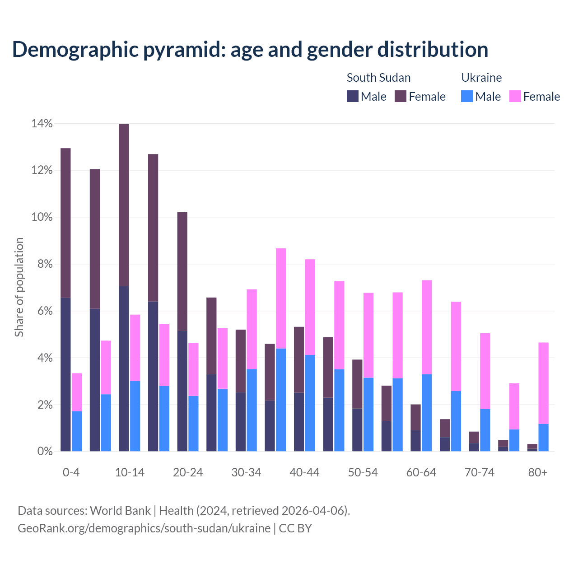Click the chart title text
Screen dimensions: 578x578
pos(250,49)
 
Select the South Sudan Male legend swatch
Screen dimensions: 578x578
pos(352,96)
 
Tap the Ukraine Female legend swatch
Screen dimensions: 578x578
pos(515,96)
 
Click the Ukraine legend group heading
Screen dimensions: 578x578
pos(481,78)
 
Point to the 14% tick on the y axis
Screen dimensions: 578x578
pos(42,123)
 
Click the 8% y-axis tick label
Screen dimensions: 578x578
pos(45,264)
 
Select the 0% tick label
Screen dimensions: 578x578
pos(45,451)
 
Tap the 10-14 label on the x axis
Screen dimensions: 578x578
pos(130,472)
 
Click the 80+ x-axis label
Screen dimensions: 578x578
pos(538,472)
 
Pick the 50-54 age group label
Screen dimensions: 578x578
pos(363,472)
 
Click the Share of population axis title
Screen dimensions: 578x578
pos(19,287)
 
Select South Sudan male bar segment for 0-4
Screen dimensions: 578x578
pos(65,375)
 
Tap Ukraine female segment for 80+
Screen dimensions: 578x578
pos(544,383)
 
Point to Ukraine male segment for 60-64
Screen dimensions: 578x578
pos(427,413)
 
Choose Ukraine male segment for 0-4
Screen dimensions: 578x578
pos(77,431)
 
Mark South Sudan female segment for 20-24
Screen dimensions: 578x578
pos(182,271)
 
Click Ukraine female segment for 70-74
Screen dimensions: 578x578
pos(485,371)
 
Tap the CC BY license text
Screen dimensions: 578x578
pos(295,528)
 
